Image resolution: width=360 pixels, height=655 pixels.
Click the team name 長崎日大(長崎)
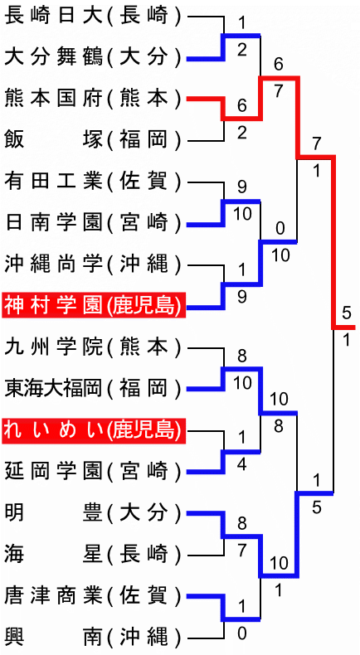[93, 17]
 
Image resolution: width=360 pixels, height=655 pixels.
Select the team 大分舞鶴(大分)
[93, 59]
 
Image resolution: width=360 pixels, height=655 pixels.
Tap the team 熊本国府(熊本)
[93, 99]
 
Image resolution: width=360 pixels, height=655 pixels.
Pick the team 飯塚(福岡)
[93, 141]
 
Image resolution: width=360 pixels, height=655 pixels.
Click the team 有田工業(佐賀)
[93, 182]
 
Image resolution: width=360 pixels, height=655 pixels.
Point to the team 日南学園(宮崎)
[93, 224]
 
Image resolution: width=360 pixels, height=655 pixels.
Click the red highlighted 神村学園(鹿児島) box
[94, 307]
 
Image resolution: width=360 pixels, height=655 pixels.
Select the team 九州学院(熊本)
[93, 348]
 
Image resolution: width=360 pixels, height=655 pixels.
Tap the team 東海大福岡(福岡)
[93, 390]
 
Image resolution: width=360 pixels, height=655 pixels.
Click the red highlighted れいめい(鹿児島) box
[94, 430]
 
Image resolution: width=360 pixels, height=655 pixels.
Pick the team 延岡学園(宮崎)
[93, 472]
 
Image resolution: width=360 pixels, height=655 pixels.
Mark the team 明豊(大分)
[93, 513]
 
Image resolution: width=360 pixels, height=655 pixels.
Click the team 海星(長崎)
[93, 555]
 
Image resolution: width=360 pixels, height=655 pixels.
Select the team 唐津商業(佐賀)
[93, 596]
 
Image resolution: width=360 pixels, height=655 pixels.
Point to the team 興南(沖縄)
[93, 638]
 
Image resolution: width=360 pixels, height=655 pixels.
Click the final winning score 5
[346, 313]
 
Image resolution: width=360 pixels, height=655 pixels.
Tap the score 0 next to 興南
[242, 634]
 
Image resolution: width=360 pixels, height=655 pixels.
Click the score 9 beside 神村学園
[242, 297]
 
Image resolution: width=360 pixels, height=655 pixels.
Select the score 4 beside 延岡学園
[242, 465]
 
